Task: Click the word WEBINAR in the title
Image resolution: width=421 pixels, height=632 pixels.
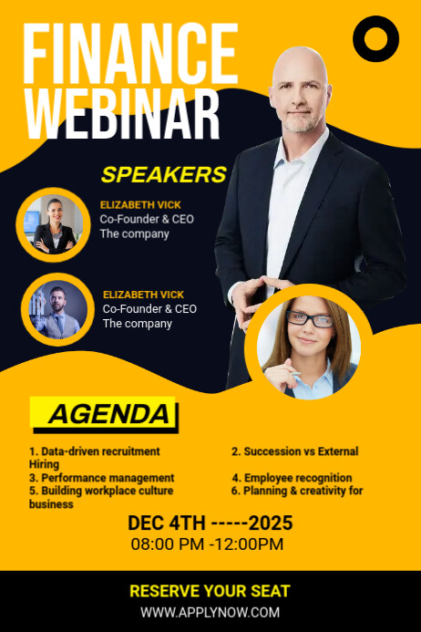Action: (x=123, y=114)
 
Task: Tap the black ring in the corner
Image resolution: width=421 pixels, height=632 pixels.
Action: (x=375, y=39)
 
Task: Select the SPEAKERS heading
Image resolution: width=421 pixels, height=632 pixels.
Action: (x=163, y=174)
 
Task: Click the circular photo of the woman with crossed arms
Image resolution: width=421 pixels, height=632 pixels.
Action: (x=52, y=224)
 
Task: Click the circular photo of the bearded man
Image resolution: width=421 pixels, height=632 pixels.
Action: (x=57, y=310)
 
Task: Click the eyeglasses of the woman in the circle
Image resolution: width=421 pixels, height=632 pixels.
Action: (x=310, y=319)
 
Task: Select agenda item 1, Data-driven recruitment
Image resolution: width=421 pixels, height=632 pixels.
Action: (x=95, y=451)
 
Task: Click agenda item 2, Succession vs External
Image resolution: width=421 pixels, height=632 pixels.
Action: (x=294, y=451)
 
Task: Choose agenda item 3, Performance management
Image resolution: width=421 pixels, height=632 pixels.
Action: (x=101, y=478)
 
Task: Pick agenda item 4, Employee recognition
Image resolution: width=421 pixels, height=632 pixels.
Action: (x=292, y=478)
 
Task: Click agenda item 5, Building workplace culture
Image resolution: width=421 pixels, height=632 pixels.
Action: (x=101, y=491)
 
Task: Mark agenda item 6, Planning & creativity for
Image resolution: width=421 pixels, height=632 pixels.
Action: (x=297, y=491)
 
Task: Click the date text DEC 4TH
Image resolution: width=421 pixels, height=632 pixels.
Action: (x=167, y=523)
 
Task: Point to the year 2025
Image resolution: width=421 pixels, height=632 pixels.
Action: (x=272, y=523)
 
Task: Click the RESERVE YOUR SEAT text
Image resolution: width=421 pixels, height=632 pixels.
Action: (x=210, y=591)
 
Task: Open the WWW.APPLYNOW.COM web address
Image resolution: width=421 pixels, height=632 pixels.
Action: (x=210, y=613)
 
